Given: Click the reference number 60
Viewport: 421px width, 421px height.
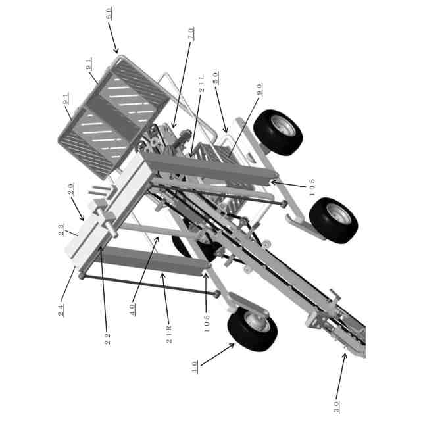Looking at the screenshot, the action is click(x=108, y=13).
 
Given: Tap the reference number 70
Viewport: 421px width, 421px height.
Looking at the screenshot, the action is click(x=191, y=34).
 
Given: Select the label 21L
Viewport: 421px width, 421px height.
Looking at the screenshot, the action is click(x=201, y=84).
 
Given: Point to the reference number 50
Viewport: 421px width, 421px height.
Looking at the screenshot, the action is click(x=216, y=78).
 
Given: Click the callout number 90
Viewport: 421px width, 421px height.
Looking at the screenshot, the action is click(x=259, y=89).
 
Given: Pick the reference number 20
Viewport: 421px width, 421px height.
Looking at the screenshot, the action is click(x=70, y=189).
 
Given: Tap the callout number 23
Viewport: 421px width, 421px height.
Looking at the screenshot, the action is click(x=61, y=230).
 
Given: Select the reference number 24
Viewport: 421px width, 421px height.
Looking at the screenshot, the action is click(x=61, y=310).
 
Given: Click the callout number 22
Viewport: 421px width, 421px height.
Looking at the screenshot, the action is click(x=107, y=339).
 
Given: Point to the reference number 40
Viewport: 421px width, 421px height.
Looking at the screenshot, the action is click(x=132, y=310).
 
